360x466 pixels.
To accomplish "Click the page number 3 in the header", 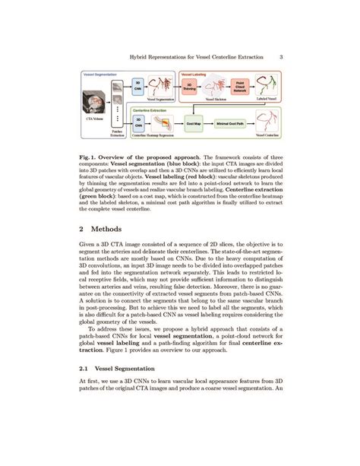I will [282, 55].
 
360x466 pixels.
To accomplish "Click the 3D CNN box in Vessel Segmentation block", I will [138, 86].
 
